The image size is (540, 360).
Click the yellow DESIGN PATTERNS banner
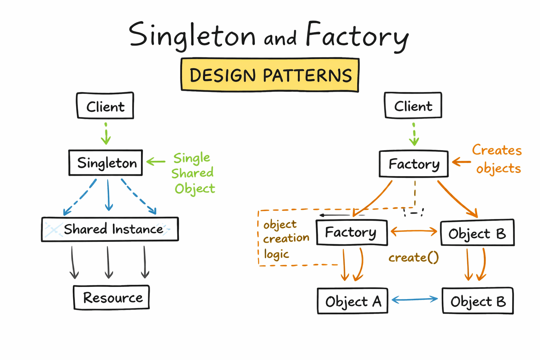pyautogui.click(x=270, y=75)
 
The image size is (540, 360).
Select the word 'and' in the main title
pyautogui.click(x=280, y=38)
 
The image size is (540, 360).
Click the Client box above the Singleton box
pyautogui.click(x=105, y=106)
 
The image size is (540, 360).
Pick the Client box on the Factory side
pyautogui.click(x=413, y=105)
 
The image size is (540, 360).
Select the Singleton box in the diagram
pyautogui.click(x=106, y=163)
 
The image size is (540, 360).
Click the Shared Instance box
pyautogui.click(x=110, y=229)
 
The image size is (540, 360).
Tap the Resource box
pyautogui.click(x=111, y=297)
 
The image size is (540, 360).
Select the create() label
pyautogui.click(x=413, y=258)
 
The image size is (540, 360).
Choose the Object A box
pyautogui.click(x=353, y=301)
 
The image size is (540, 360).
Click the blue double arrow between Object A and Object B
pyautogui.click(x=415, y=300)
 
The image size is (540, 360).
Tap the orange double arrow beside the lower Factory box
pyautogui.click(x=414, y=231)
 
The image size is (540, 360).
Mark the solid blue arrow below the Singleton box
pyautogui.click(x=109, y=195)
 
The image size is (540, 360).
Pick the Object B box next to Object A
pyautogui.click(x=478, y=301)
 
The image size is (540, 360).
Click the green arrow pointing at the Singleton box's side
pyautogui.click(x=156, y=162)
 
